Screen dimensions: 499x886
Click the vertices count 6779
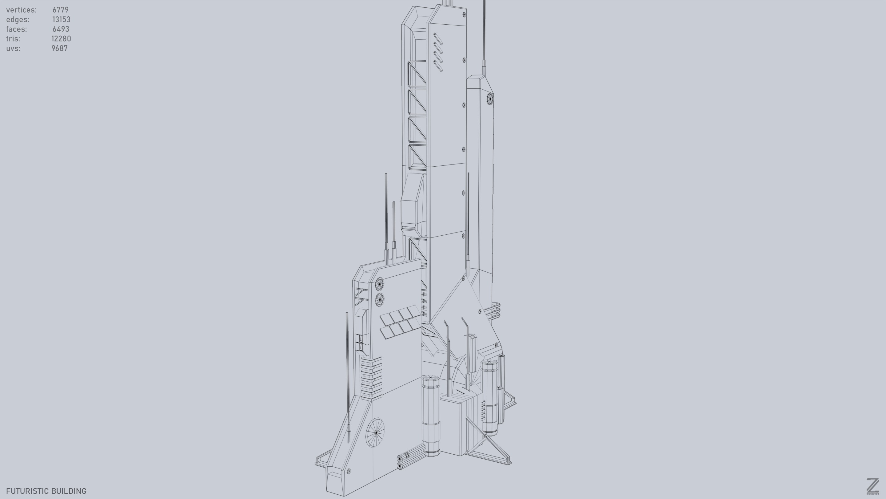tap(61, 10)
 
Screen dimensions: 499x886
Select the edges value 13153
tap(61, 20)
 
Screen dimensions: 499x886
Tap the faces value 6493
tap(61, 29)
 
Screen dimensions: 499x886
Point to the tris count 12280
tap(61, 39)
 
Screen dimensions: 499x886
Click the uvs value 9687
tap(59, 49)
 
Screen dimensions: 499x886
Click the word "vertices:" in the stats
tap(21, 10)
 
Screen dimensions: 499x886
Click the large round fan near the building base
tap(375, 432)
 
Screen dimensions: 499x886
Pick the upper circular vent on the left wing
tap(379, 284)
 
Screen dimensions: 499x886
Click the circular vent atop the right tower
tap(490, 99)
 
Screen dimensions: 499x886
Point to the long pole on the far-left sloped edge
tap(348, 375)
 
